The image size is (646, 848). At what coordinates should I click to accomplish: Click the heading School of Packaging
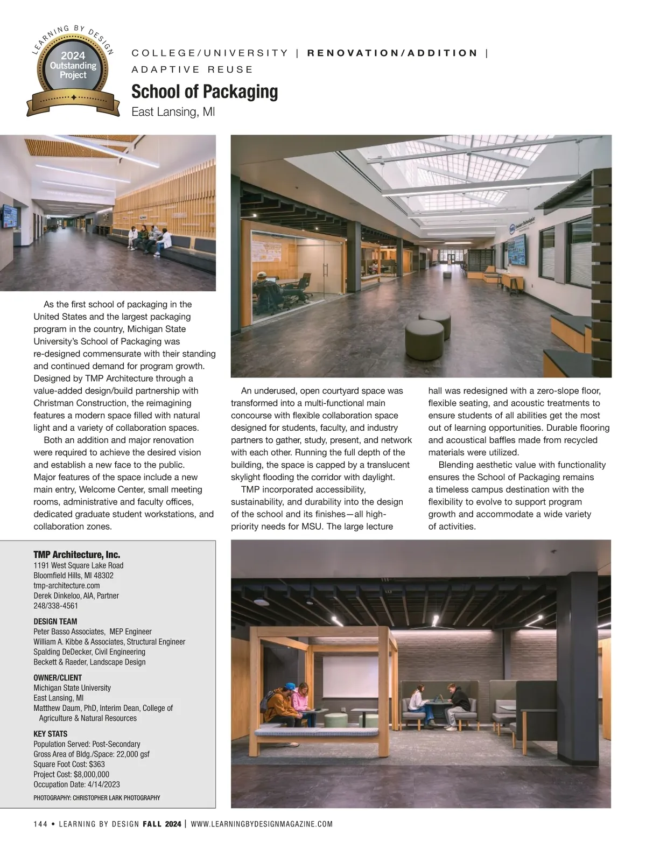tap(205, 92)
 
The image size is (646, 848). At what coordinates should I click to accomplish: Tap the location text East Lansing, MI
tap(173, 113)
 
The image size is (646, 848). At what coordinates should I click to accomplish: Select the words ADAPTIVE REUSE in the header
tap(192, 69)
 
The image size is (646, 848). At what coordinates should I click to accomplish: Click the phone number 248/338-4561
tap(55, 606)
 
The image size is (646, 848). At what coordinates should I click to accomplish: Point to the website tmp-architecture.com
tap(66, 585)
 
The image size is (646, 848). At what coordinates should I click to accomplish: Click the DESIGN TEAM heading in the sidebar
tap(55, 621)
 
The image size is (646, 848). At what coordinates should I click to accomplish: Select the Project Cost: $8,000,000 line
tap(71, 774)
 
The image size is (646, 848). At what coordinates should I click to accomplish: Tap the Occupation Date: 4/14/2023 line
tap(76, 784)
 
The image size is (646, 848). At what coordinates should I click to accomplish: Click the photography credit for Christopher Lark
tap(96, 798)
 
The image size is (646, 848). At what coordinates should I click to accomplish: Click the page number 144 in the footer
tap(40, 824)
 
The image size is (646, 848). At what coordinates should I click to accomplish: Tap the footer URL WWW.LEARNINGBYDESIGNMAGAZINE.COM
tap(262, 824)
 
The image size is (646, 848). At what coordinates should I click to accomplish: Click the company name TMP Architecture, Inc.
tap(76, 555)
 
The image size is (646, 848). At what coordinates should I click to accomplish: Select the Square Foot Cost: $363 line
tap(69, 764)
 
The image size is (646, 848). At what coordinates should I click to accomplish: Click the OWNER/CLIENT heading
tap(58, 677)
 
